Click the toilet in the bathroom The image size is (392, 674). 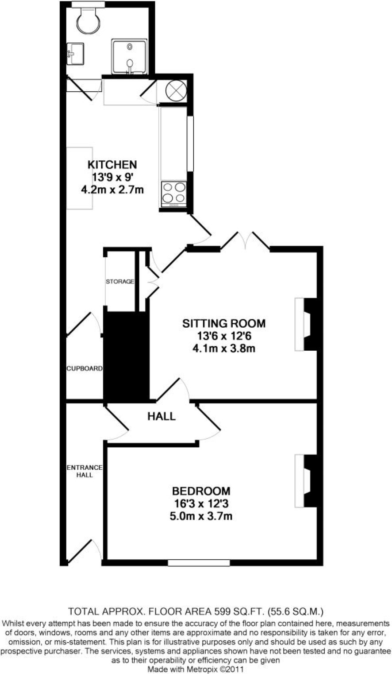[88, 20]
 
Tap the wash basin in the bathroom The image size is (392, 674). [75, 54]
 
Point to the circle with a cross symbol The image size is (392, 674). [176, 90]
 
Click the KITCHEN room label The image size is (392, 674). [112, 165]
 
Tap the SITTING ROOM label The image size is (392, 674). [224, 323]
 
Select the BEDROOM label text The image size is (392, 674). [201, 491]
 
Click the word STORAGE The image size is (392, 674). [119, 282]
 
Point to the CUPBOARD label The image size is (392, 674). [85, 368]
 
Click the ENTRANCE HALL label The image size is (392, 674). [85, 471]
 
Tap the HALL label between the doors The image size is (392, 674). [161, 416]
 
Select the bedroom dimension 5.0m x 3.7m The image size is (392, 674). [201, 516]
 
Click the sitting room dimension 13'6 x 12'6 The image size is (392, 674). [224, 336]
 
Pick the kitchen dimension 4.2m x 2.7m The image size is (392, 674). [112, 190]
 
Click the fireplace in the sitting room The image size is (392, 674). [306, 324]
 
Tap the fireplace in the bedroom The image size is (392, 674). [306, 480]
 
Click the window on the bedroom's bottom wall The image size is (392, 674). [199, 563]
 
